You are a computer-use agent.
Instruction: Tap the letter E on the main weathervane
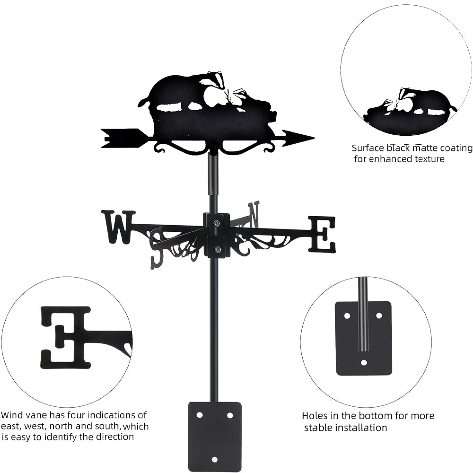(322, 234)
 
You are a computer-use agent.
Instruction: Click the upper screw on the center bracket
(216, 223)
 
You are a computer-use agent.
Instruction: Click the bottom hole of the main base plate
(214, 459)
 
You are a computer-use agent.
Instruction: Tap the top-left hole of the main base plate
(199, 415)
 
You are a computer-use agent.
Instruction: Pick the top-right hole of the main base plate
(229, 415)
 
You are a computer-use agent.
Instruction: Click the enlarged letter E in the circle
(66, 337)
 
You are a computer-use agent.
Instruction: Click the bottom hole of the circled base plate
(363, 363)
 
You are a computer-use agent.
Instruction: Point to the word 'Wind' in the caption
(11, 415)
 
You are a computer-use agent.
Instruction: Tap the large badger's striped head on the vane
(214, 79)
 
